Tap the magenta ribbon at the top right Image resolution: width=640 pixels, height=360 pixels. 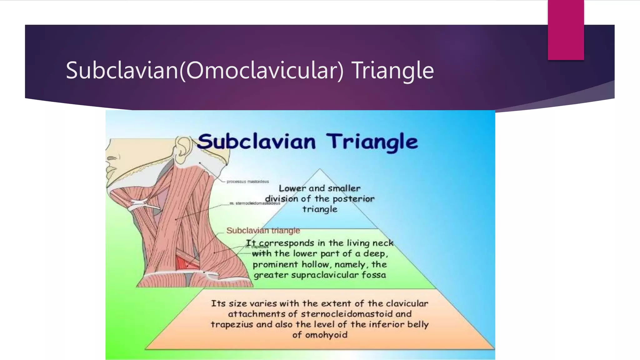[566, 30]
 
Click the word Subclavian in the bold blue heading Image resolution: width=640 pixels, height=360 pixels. [256, 142]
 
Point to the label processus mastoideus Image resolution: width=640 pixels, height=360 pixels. [247, 182]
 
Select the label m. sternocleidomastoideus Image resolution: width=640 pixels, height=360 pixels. [255, 203]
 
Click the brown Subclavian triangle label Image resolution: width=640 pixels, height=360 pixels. [263, 231]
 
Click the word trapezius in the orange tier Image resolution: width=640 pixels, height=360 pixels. [232, 324]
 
